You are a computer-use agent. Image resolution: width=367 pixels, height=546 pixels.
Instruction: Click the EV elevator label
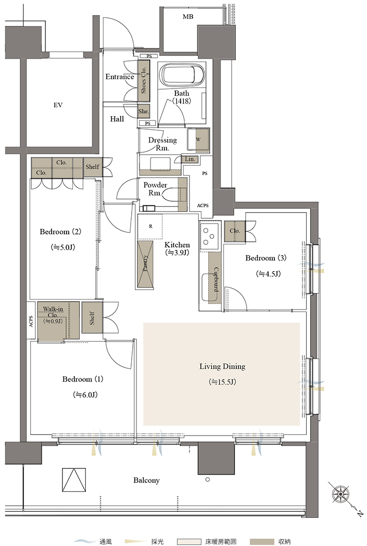click(58, 105)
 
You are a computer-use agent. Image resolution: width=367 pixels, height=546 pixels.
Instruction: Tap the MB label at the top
click(188, 16)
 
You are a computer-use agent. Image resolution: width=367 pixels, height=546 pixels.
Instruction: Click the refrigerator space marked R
click(150, 226)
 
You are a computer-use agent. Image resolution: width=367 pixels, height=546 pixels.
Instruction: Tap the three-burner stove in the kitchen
click(210, 235)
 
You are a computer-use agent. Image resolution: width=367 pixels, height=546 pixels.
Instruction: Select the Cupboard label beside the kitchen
click(216, 279)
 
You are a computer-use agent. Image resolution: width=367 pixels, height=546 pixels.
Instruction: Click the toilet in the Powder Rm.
click(171, 195)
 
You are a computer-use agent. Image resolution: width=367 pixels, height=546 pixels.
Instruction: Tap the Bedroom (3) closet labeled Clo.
click(235, 231)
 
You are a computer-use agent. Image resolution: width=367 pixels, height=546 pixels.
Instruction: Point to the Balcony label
click(146, 480)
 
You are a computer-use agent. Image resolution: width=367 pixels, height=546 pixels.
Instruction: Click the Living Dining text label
click(222, 366)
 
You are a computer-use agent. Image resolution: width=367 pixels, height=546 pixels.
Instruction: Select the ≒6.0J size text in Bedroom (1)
click(85, 395)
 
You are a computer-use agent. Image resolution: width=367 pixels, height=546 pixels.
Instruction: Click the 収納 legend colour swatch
click(262, 542)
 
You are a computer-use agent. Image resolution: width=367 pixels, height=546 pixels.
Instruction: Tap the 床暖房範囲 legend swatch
click(189, 542)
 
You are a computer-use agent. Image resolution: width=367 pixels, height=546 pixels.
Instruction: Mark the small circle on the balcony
click(208, 479)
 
